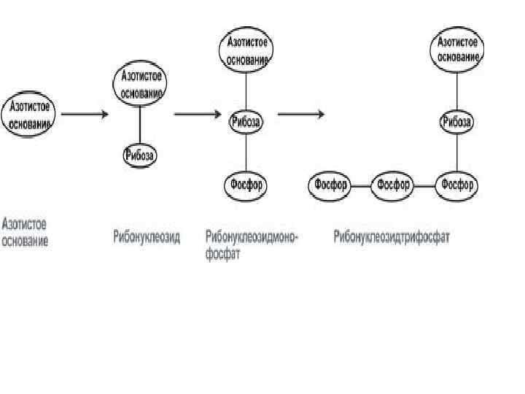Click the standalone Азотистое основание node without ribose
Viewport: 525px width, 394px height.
pyautogui.click(x=30, y=115)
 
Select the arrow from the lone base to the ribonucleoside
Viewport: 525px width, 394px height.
pyautogui.click(x=85, y=115)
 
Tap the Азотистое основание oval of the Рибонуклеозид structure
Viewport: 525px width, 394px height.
pyautogui.click(x=139, y=85)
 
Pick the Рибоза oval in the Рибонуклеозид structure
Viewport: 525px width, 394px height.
pyautogui.click(x=140, y=155)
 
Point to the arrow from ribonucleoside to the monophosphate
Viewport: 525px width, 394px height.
pyautogui.click(x=198, y=115)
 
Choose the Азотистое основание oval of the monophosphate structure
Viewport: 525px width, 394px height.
pyautogui.click(x=246, y=50)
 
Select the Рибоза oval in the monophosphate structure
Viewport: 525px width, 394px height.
pyautogui.click(x=246, y=122)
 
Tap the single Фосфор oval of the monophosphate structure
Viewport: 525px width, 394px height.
pyautogui.click(x=246, y=185)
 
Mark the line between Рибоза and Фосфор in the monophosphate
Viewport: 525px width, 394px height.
pyautogui.click(x=246, y=152)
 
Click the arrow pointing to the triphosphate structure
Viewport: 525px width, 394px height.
pyautogui.click(x=301, y=115)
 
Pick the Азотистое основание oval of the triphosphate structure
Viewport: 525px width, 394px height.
pyautogui.click(x=458, y=50)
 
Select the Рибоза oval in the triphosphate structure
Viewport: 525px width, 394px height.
pyautogui.click(x=458, y=122)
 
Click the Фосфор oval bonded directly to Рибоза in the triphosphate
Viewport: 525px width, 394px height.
pyautogui.click(x=458, y=185)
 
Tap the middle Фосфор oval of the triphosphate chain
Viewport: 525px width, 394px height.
pyautogui.click(x=394, y=185)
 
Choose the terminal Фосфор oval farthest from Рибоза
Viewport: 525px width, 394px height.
pyautogui.click(x=330, y=185)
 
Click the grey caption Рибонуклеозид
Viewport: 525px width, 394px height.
pyautogui.click(x=146, y=236)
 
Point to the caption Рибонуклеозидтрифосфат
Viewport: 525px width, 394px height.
pyautogui.click(x=392, y=236)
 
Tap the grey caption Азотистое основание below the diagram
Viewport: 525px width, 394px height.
pyautogui.click(x=26, y=233)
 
